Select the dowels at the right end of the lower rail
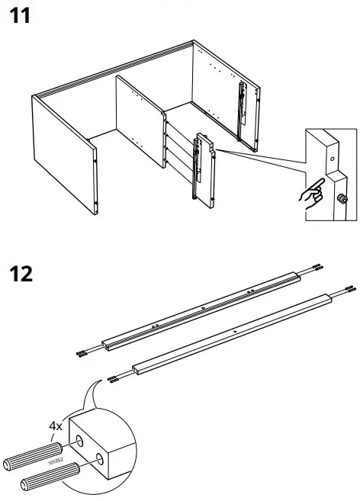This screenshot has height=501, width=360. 349,290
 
